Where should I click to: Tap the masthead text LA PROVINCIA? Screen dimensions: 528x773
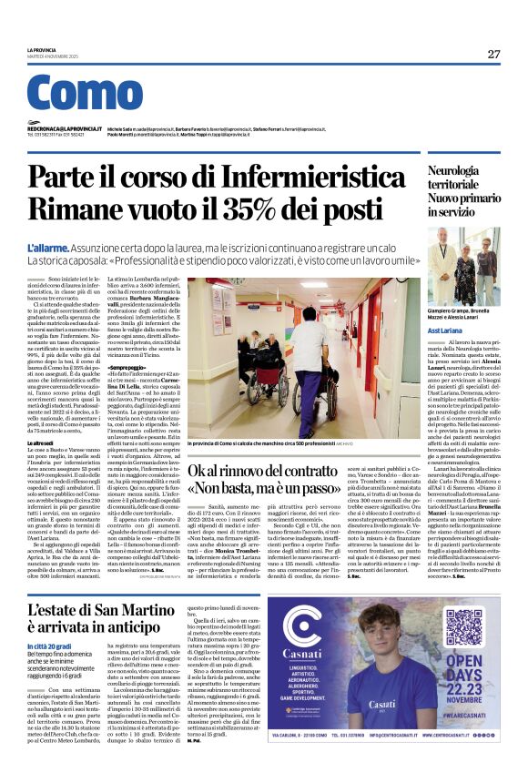42,50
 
